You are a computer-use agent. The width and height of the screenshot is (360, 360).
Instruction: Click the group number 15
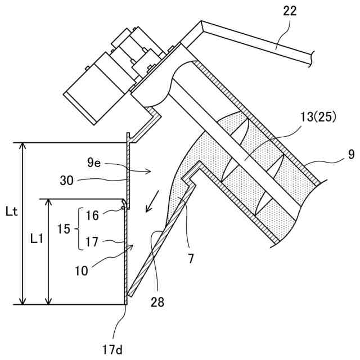tap(64, 229)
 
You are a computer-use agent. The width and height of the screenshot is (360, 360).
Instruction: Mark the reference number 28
tap(158, 301)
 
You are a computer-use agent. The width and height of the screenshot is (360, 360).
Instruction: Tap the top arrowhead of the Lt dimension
tap(22, 147)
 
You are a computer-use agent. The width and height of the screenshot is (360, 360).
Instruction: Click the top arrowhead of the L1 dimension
tap(49, 202)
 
